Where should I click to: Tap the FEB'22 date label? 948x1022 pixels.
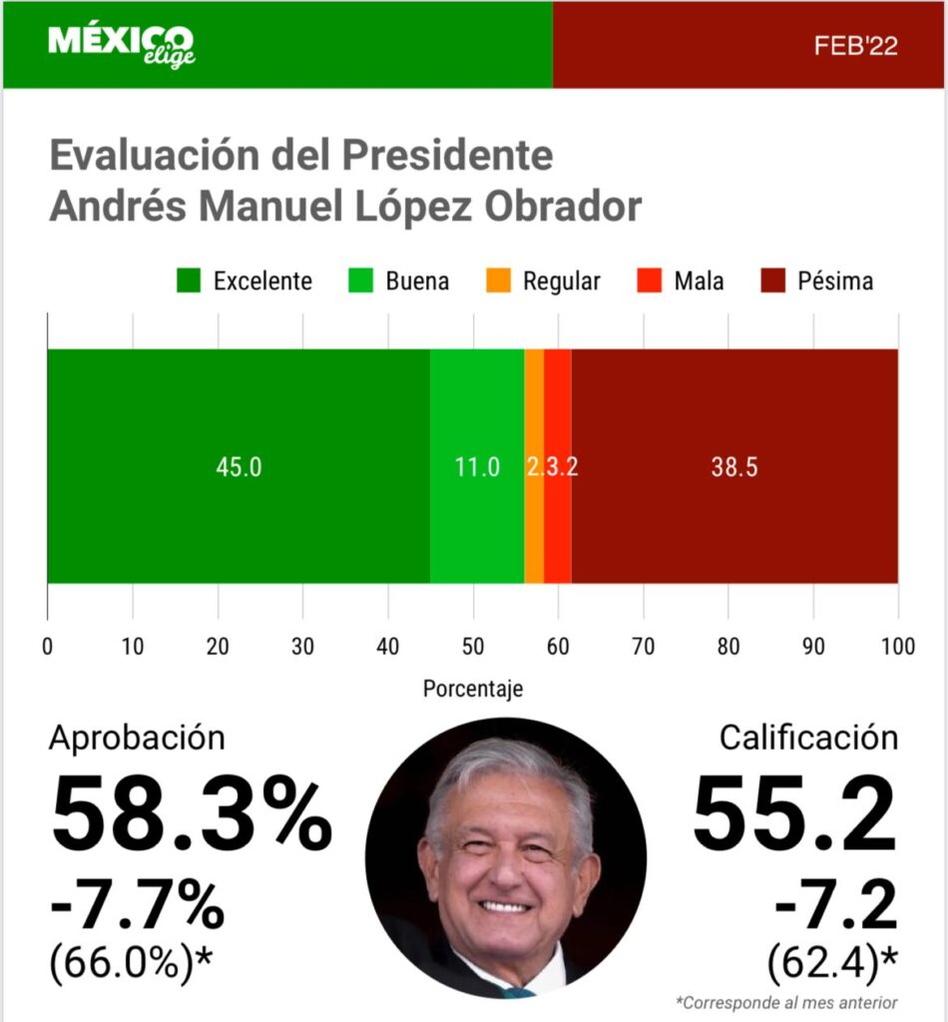855,46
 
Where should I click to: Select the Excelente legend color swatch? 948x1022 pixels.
189,280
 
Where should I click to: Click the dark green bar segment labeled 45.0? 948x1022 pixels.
238,466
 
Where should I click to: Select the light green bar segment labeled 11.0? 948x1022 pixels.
477,466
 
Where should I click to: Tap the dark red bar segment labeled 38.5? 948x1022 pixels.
734,466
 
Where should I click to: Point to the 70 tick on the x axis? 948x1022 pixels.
644,646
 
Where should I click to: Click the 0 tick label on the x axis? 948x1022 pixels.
48,646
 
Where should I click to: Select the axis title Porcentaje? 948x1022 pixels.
473,689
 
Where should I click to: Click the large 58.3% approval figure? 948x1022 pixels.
191,818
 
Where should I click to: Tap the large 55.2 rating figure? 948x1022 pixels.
794,818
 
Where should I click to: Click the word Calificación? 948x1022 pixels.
808,738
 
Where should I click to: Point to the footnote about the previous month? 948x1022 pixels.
786,1002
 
